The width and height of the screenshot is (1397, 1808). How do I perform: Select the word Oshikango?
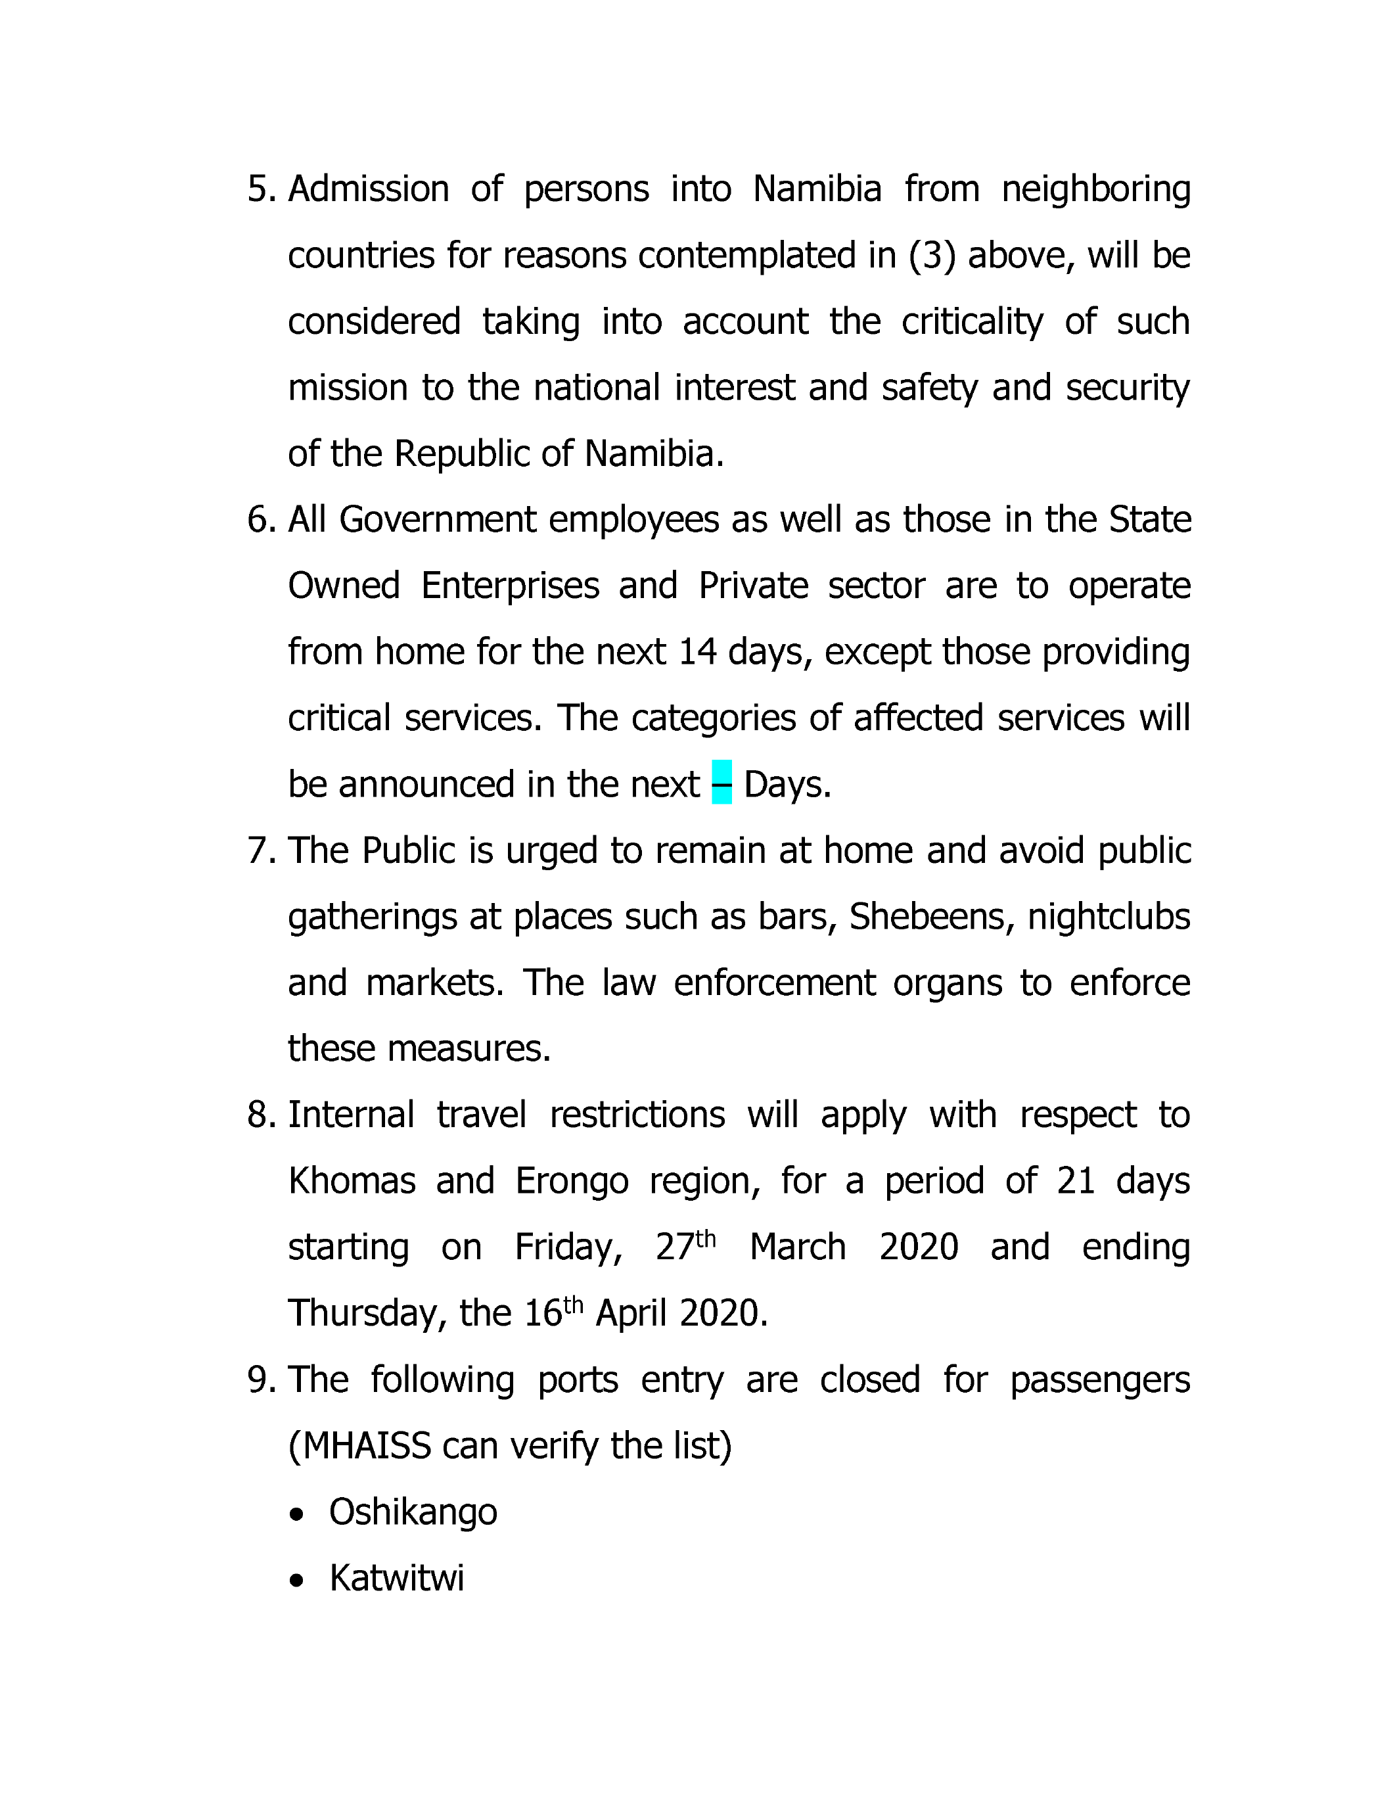[x=413, y=1512]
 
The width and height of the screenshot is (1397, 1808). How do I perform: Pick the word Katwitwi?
[x=396, y=1579]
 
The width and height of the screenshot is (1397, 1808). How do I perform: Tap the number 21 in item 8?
[x=1076, y=1181]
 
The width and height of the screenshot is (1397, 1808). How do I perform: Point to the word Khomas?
[x=352, y=1181]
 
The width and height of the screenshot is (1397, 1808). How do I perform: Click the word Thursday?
[x=367, y=1314]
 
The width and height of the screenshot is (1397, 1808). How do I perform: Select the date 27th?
[x=685, y=1247]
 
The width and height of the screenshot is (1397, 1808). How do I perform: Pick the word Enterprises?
[x=510, y=586]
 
